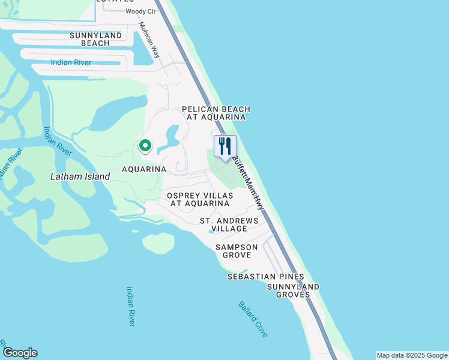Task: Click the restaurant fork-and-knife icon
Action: click(x=225, y=146)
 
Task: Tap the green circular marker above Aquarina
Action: click(x=145, y=145)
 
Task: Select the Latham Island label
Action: click(x=80, y=176)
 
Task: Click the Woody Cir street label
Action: click(x=140, y=12)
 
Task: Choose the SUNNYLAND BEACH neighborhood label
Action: click(x=95, y=39)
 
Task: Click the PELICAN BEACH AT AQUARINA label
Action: click(x=216, y=113)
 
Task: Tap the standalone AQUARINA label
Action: click(x=143, y=169)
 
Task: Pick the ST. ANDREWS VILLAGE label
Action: click(x=229, y=224)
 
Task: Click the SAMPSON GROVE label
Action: click(x=237, y=251)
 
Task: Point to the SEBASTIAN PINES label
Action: click(x=265, y=277)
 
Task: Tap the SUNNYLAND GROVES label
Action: click(x=289, y=290)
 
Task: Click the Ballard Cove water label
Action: click(x=253, y=319)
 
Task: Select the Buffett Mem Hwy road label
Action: click(x=248, y=183)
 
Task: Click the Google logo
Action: click(x=20, y=353)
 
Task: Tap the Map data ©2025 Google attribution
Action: click(x=411, y=355)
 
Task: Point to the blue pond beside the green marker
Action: click(x=170, y=137)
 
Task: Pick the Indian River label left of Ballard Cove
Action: click(x=131, y=306)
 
